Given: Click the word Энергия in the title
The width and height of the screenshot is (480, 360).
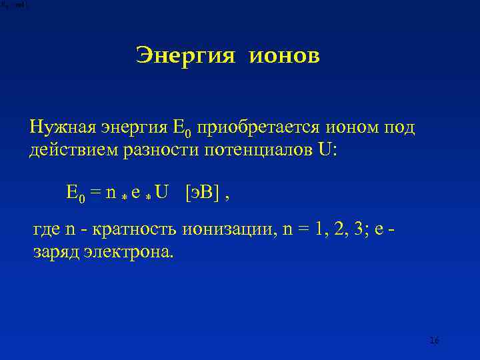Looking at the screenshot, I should point(185,56).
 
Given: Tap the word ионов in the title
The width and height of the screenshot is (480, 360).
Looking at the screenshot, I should point(285,56).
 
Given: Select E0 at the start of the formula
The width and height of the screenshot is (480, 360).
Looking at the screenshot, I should point(76,194).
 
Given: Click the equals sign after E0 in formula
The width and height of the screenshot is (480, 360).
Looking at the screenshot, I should point(95,194).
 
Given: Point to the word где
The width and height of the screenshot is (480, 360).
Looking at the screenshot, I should point(47,231).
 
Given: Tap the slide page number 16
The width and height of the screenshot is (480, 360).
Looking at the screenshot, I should point(435,341).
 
